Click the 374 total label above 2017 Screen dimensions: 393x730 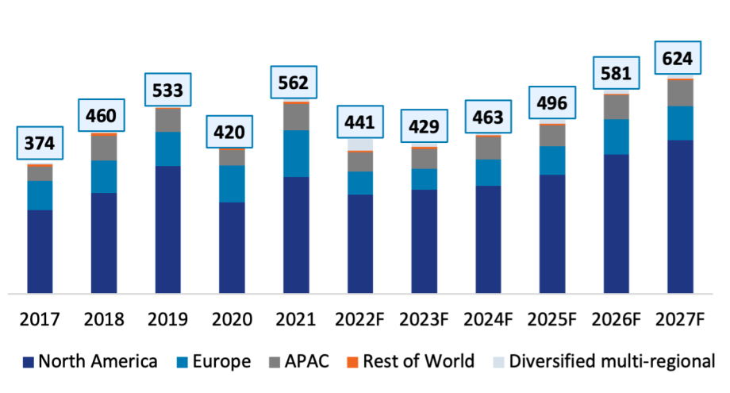40,144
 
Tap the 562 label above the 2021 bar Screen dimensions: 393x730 296,82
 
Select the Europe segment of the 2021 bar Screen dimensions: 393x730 296,153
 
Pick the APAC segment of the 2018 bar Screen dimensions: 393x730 104,148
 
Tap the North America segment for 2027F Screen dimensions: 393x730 680,216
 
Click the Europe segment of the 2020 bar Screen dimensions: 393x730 232,183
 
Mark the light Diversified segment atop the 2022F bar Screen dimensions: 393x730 360,144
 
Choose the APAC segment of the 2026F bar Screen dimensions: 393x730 617,106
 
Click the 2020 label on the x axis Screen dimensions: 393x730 232,320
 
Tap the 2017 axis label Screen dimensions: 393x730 40,320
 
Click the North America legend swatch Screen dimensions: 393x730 28,362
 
